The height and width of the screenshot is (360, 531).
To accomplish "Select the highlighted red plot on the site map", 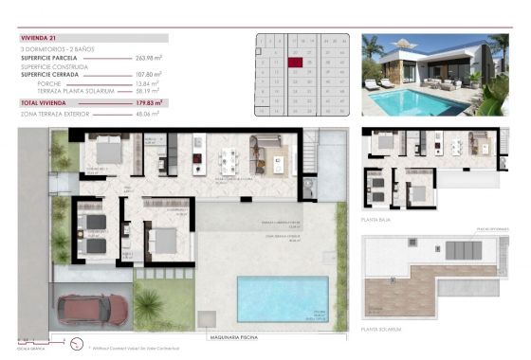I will pyautogui.click(x=295, y=63).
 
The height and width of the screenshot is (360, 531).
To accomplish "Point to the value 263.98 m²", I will pyautogui.click(x=148, y=58).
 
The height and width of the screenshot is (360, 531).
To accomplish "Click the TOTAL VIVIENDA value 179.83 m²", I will pyautogui.click(x=148, y=101).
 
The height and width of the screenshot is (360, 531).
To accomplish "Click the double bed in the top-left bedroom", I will pyautogui.click(x=104, y=150).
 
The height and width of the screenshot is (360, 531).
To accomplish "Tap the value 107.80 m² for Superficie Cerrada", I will pyautogui.click(x=148, y=75).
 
